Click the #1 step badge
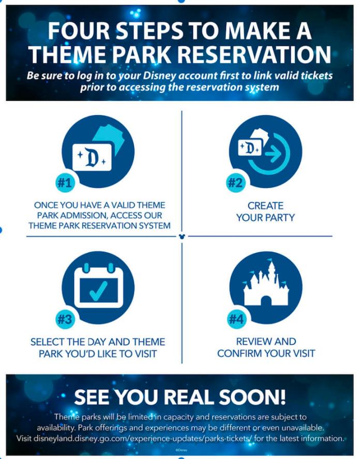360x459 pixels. tap(65, 183)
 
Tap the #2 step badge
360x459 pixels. tap(235, 183)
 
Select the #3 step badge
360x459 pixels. tap(65, 319)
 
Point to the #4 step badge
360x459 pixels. tap(236, 319)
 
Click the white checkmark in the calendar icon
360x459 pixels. tap(98, 290)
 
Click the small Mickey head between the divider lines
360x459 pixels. tap(182, 236)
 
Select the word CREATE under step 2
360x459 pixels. tap(265, 206)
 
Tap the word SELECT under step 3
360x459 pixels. tap(48, 342)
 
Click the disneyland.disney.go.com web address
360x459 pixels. tap(143, 438)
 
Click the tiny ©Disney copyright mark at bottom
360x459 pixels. tap(181, 450)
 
